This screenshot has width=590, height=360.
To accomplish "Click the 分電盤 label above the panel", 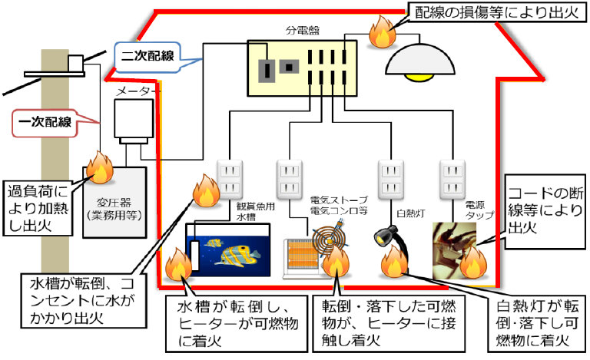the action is pos(303,30).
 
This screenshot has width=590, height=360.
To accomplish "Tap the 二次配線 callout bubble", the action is pos(147,57).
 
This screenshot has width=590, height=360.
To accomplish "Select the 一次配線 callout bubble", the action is pos(45,123).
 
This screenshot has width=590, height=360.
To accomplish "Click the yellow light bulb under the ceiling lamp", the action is pos(419,77).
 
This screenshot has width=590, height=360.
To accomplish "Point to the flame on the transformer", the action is pos(100,167).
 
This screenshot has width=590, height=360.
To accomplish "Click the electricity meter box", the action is pos(134,121).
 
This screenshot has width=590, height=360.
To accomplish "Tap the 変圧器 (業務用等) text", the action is pos(114,209).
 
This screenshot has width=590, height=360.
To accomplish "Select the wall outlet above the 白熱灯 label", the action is pos(391,179).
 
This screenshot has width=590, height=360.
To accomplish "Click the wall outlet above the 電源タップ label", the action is pos(452,179).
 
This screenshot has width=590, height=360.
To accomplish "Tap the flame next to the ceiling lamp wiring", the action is pos(383,32).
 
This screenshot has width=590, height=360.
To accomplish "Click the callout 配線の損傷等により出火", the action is pos(497,12).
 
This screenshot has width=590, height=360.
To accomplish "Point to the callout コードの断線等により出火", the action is pos(545,211).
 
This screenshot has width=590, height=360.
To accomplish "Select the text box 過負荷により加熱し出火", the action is pos(38,209).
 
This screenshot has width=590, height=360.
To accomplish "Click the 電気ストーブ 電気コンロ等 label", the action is pos(339,205).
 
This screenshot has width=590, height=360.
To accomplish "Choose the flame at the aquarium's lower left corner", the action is pos(179,264).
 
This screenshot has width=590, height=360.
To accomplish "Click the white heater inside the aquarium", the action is pos(194,255).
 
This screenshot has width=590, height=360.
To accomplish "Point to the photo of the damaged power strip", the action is pos(455,251).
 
